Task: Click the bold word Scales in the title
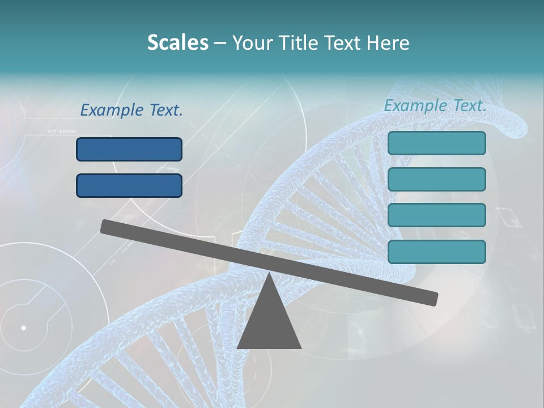[177, 42]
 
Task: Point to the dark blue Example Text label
[131, 110]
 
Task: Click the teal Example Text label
[435, 105]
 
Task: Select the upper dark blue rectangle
[129, 149]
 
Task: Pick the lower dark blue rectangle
[129, 185]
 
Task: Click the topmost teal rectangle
[436, 143]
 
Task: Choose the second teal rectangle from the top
[436, 179]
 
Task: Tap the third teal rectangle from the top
[436, 215]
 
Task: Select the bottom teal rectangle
[436, 252]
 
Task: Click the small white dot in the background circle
[24, 328]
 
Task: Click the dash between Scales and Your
[220, 43]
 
